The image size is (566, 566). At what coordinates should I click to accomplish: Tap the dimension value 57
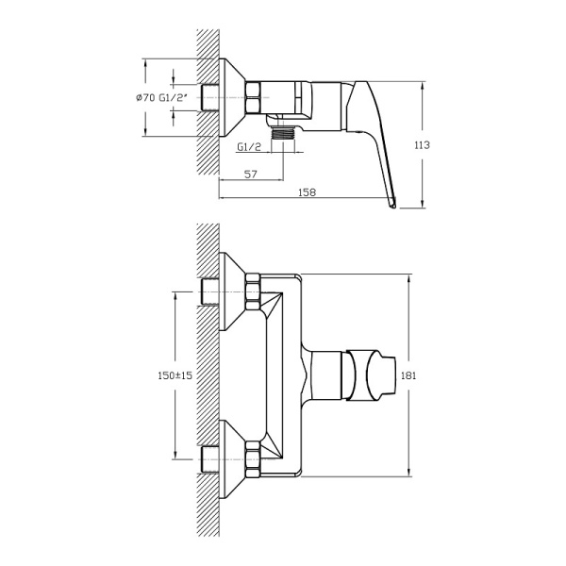[x=251, y=175]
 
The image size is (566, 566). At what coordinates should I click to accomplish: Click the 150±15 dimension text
[x=175, y=375]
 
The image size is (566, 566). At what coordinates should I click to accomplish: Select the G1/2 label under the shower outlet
[x=249, y=147]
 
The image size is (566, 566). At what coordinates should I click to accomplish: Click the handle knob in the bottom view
[x=373, y=375]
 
